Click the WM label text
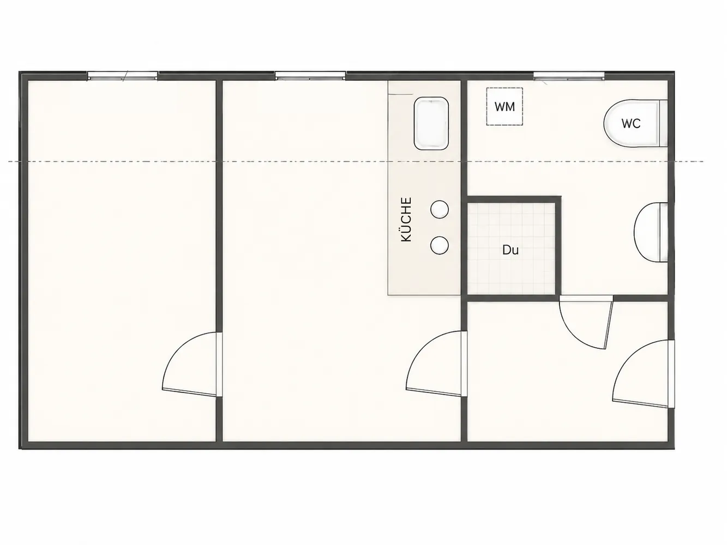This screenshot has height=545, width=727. pos(504,107)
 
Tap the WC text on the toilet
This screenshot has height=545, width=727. pos(631,124)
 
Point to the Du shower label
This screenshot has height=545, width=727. pos(510,250)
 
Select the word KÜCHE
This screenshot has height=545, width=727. pos(406,220)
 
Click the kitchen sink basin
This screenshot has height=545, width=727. pos(431,123)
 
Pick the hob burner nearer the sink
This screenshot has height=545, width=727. pos(440,209)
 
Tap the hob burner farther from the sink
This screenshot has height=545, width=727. pos(440,245)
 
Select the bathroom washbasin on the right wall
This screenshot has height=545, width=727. pos(651,232)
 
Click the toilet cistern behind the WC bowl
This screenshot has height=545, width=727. pos(663,123)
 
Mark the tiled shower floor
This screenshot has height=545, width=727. pos(512,249)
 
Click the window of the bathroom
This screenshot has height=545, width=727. pos(569,76)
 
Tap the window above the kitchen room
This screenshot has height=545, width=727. pos(310,76)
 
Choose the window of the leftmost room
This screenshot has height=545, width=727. pos(123,76)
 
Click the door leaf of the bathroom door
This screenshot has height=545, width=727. pos(609,323)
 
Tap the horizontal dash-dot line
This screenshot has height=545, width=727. pos(356,161)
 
